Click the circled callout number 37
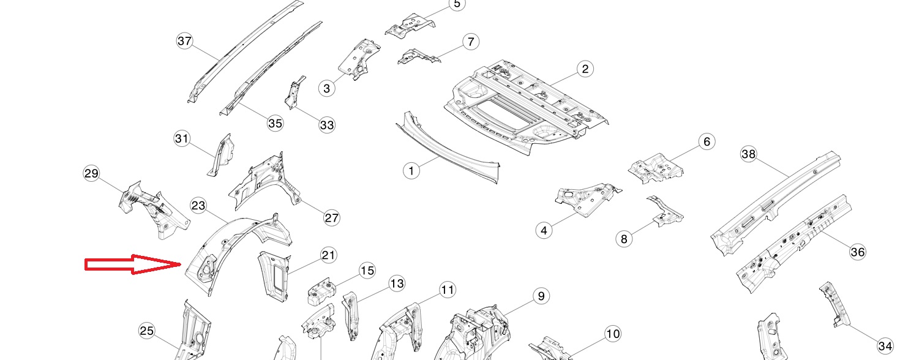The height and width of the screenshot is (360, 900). [x=184, y=42]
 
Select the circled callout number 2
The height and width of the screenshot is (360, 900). [x=585, y=69]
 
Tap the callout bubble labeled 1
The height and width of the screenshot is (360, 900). [x=411, y=170]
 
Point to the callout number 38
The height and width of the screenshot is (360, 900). [x=749, y=154]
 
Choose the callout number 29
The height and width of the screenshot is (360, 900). [x=91, y=174]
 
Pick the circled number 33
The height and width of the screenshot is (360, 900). [x=327, y=125]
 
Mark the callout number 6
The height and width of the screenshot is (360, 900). [x=706, y=142]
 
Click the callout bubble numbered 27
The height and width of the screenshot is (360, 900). [x=331, y=217]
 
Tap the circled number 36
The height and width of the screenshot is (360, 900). [x=858, y=252]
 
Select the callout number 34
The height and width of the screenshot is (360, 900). [x=885, y=346]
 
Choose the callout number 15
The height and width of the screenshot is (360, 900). [x=367, y=271]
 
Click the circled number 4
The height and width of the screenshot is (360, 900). [x=544, y=231]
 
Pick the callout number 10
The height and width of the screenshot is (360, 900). [x=612, y=334]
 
